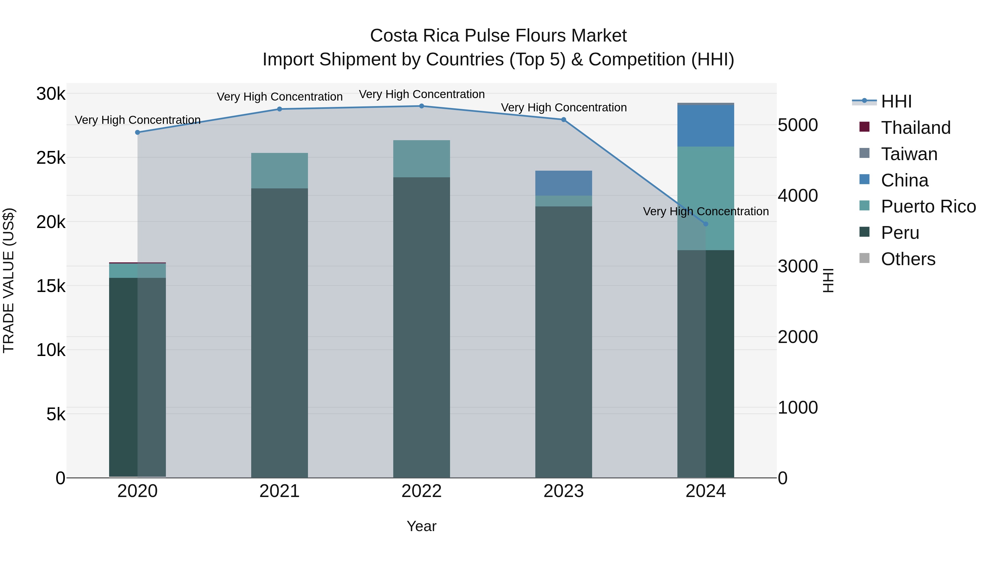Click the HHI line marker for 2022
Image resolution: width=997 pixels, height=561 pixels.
point(422,106)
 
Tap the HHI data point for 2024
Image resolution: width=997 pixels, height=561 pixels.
point(706,224)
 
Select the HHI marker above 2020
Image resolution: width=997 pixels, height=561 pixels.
point(137,132)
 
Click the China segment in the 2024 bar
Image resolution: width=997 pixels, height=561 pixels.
point(706,126)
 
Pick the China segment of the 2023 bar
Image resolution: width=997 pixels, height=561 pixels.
point(564,183)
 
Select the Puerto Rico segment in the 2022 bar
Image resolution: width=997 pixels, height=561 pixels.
point(422,159)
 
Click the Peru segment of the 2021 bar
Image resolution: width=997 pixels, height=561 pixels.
point(279,333)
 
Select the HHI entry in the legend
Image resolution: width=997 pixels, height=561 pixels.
point(896,101)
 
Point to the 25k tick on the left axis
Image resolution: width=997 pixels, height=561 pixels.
point(51,158)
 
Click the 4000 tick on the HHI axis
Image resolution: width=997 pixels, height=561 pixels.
point(798,196)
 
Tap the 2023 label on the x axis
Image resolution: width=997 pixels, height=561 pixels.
point(564,491)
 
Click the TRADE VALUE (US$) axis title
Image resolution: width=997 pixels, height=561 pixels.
point(9,280)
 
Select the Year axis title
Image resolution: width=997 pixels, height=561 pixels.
point(422,526)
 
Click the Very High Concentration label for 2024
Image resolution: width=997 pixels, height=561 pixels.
point(706,212)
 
